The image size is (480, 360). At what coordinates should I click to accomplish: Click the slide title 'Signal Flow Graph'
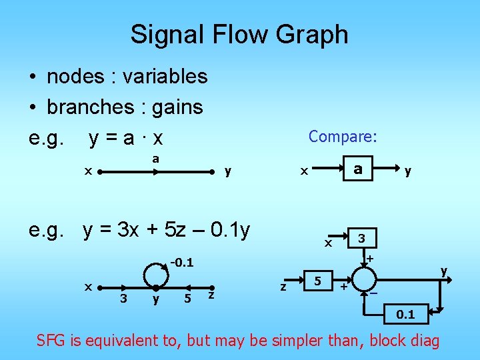coord(239,34)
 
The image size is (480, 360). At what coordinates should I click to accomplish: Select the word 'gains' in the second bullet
coord(177,107)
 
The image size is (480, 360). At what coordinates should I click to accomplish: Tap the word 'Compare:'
coord(343,137)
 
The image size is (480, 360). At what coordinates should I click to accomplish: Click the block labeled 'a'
coord(358,169)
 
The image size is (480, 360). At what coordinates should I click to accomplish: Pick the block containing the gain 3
coord(361,238)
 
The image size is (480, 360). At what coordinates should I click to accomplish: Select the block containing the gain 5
coord(319,281)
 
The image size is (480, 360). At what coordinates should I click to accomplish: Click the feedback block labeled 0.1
coord(405,313)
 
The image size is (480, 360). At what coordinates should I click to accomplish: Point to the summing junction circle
coord(367,280)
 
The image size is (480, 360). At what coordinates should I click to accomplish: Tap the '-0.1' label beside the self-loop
coord(181,263)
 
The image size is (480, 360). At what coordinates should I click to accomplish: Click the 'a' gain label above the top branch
coord(155,159)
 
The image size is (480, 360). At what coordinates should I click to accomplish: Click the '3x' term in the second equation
coord(128,231)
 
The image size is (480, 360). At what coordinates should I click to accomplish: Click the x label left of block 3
coord(328,244)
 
